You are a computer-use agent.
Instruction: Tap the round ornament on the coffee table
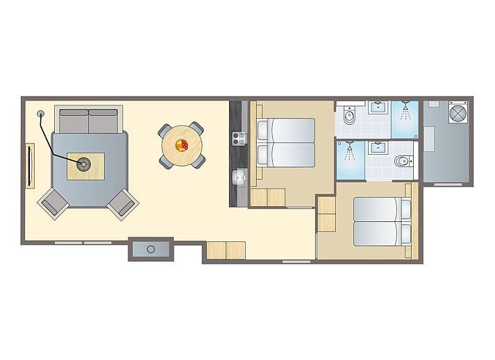(x=84, y=164)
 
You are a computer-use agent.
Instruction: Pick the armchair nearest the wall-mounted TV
(x=53, y=203)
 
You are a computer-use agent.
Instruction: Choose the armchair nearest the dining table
(x=122, y=202)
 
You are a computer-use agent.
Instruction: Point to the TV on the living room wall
(x=30, y=165)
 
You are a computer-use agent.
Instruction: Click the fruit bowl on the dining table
(x=182, y=145)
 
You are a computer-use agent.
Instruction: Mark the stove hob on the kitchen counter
(x=237, y=138)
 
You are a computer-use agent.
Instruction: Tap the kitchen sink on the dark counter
(x=238, y=177)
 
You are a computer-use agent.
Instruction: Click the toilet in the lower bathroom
(x=402, y=162)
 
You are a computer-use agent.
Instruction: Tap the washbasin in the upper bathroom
(x=378, y=107)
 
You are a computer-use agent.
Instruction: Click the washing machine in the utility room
(x=458, y=112)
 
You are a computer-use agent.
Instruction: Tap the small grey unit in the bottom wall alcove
(x=151, y=248)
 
